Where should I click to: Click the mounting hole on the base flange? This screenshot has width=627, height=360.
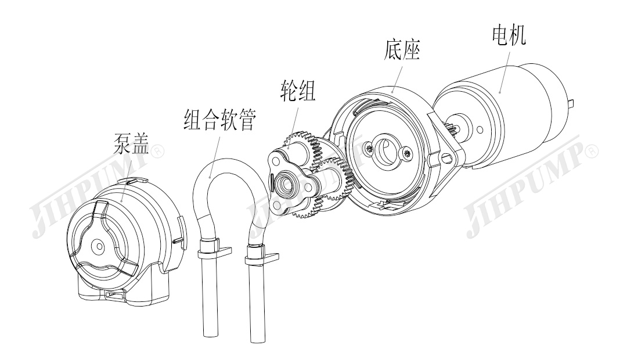point(448,156)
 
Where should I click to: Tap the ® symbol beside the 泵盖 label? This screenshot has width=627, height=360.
point(157,152)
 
